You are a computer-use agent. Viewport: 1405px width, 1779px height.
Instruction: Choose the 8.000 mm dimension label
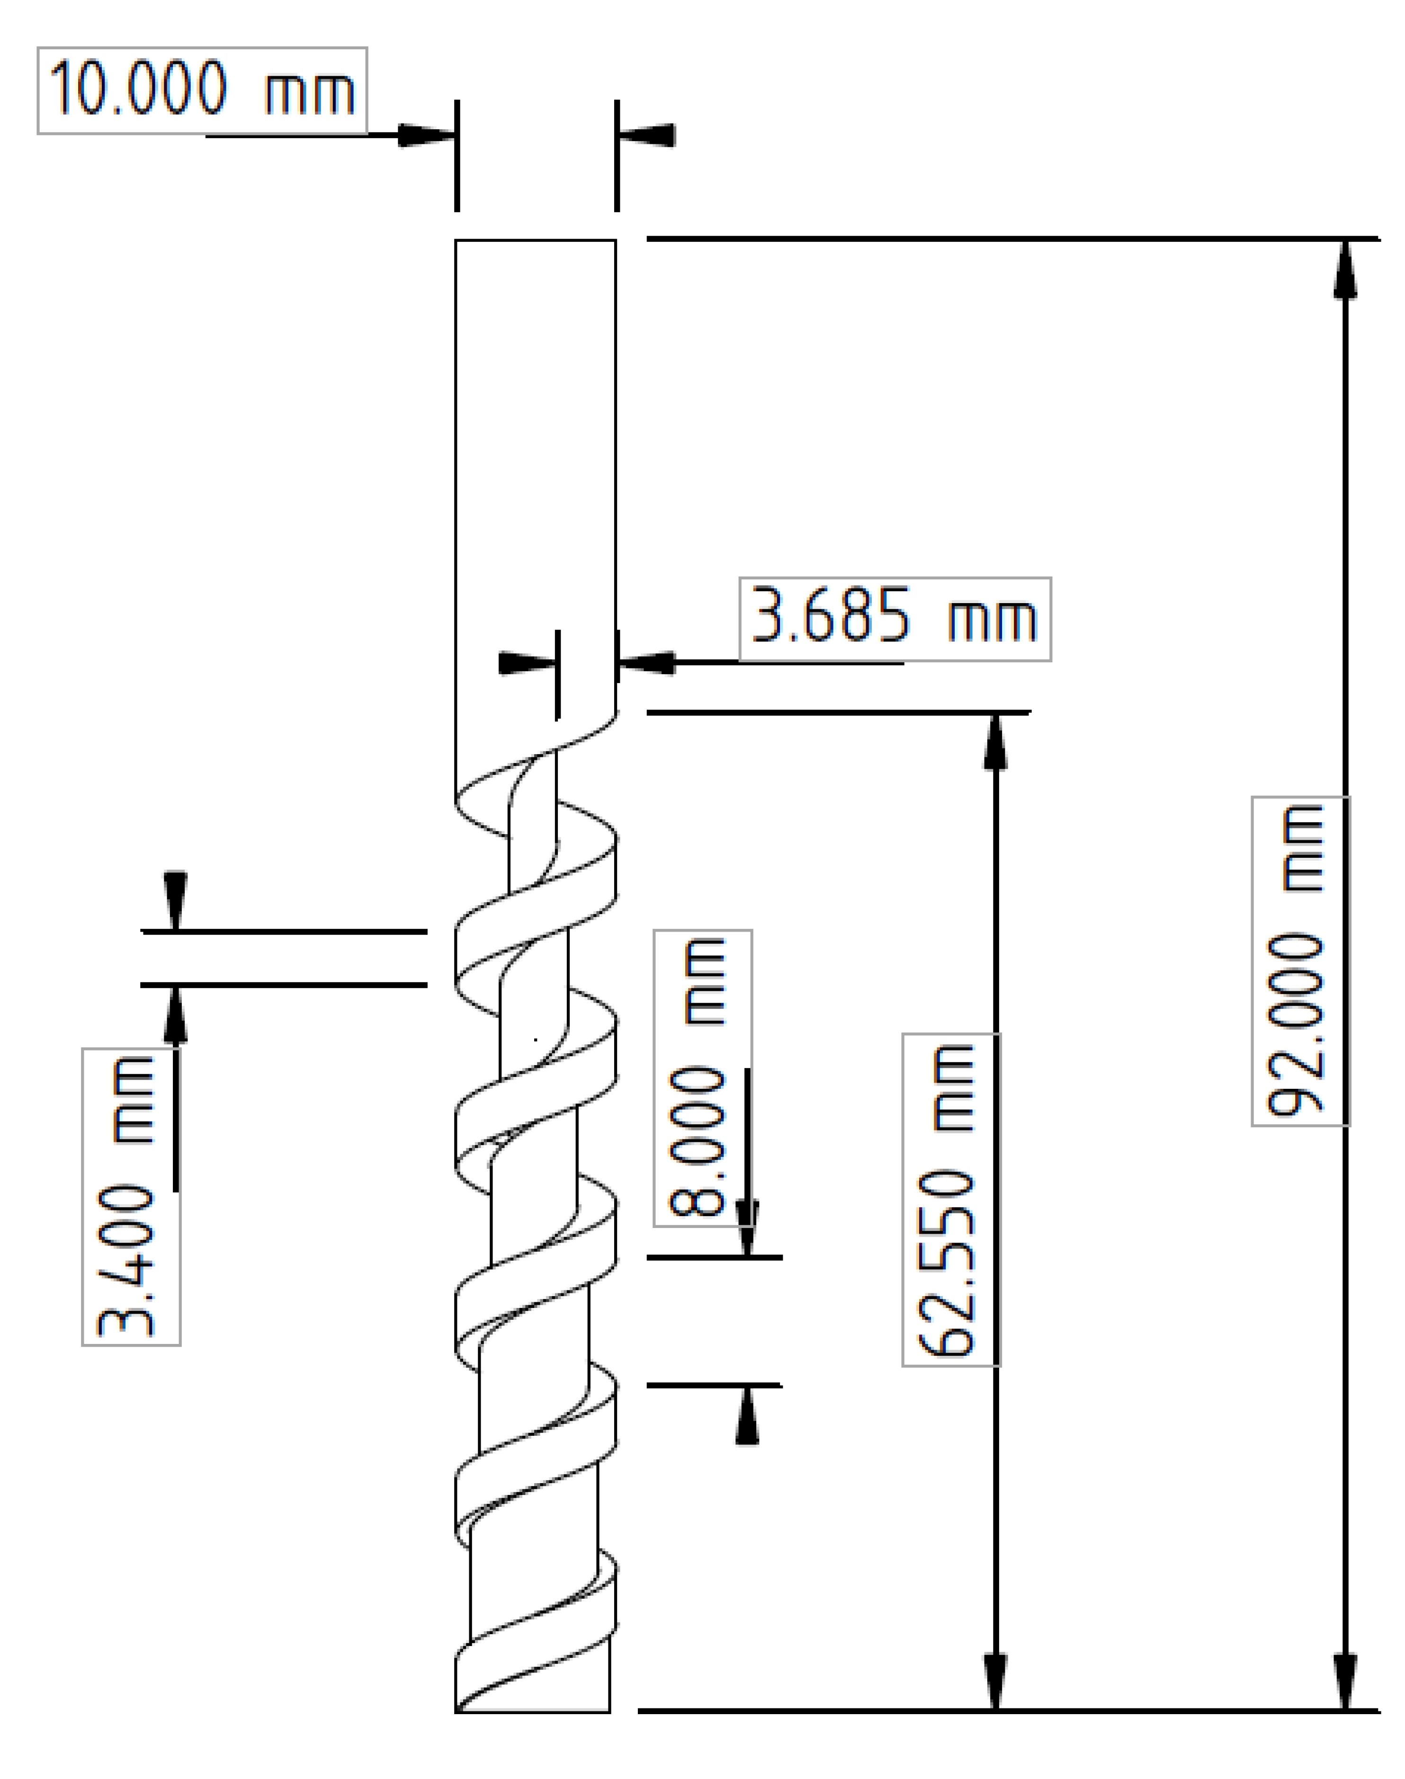click(702, 1077)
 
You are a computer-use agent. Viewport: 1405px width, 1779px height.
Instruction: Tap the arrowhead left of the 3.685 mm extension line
click(527, 663)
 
